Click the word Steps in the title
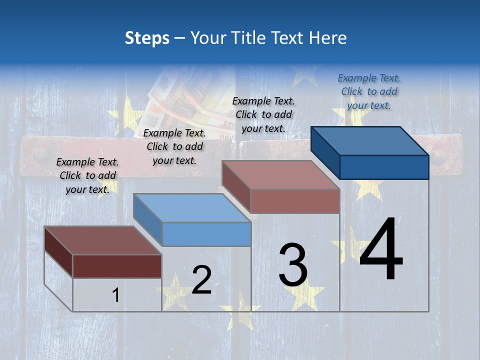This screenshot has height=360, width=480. pyautogui.click(x=146, y=38)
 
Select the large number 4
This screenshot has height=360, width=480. pyautogui.click(x=381, y=249)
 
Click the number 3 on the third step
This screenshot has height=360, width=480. pyautogui.click(x=293, y=265)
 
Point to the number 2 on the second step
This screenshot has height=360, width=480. pyautogui.click(x=201, y=279)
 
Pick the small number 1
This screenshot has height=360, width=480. pyautogui.click(x=115, y=295)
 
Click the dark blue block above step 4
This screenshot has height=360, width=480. pyautogui.click(x=370, y=152)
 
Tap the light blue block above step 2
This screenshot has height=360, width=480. pyautogui.click(x=192, y=219)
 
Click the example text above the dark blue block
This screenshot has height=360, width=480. pyautogui.click(x=369, y=91)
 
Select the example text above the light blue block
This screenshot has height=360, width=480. pyautogui.click(x=174, y=146)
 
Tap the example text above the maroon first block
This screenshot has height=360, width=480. pyautogui.click(x=87, y=175)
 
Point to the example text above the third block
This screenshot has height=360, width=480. pyautogui.click(x=263, y=114)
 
